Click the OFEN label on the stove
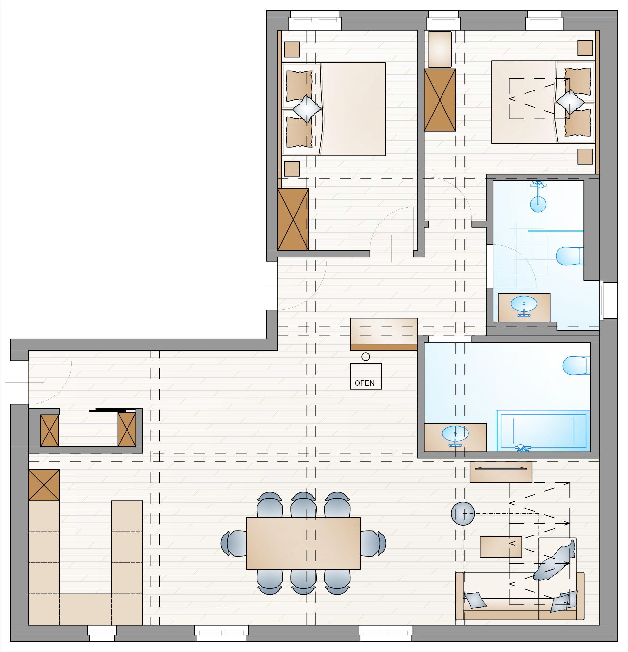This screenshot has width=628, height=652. click(364, 383)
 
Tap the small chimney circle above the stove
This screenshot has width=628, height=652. click(366, 357)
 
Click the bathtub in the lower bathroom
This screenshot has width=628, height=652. click(543, 430)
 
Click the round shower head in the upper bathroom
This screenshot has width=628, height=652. click(538, 205)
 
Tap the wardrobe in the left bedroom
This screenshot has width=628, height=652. click(293, 219)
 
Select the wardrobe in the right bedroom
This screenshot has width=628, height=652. click(440, 100)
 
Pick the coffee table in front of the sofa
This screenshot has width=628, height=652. click(500, 547)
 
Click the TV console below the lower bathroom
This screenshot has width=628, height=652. click(501, 472)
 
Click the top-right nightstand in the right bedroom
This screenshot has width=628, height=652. click(585, 48)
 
